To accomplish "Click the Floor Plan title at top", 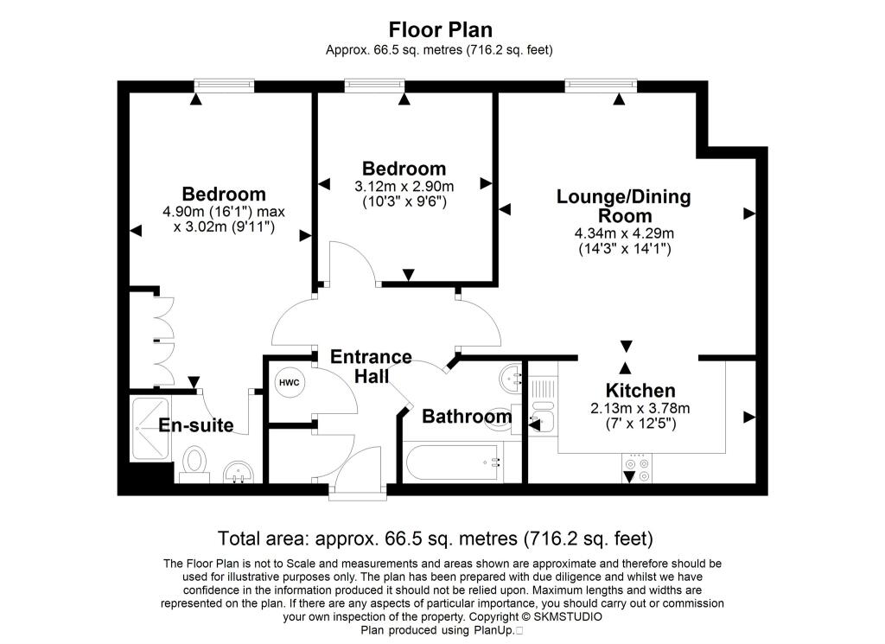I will [441, 30].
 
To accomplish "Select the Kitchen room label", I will [640, 391].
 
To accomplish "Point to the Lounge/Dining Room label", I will [623, 207].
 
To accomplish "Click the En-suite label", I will [196, 425].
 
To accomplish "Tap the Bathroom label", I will [466, 417].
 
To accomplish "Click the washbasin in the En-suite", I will [238, 471].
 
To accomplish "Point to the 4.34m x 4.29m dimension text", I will [623, 233].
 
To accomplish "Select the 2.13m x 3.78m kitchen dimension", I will [640, 408].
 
